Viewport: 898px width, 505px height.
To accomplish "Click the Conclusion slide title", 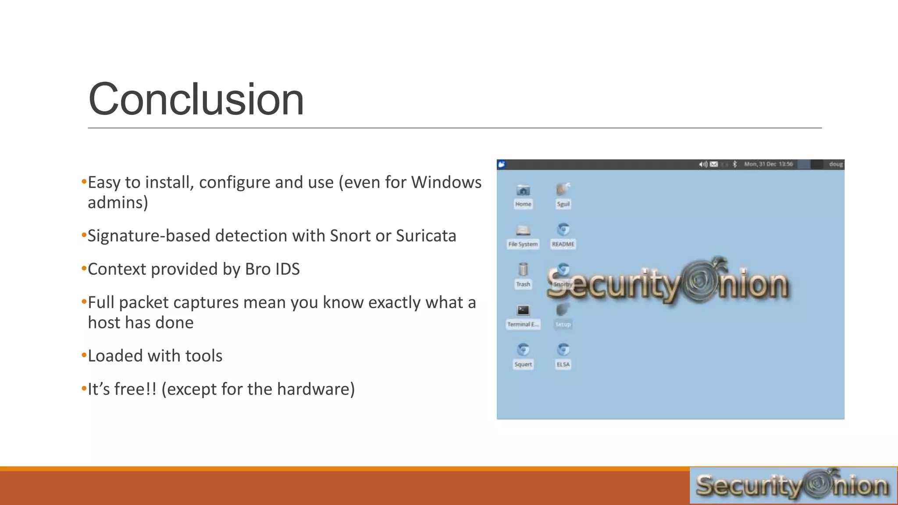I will (x=196, y=100).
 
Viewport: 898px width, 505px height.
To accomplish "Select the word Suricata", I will (x=426, y=236).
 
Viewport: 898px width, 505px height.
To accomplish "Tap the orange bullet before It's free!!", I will (x=84, y=389).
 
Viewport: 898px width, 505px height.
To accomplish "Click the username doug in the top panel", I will (x=835, y=164).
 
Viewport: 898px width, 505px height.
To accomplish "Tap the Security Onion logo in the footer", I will (x=793, y=485).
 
